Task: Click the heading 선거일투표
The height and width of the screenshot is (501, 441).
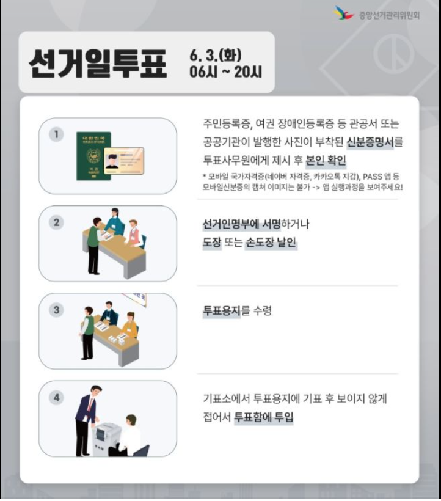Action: pos(98,64)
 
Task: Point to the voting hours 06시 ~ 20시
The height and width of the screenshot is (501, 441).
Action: pos(225,72)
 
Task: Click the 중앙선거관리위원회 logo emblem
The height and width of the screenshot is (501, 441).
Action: pos(344,13)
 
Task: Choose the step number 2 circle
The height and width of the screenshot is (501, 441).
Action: pos(57,222)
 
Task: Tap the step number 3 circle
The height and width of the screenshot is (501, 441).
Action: pos(57,310)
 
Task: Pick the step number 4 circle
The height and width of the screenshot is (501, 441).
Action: pos(57,398)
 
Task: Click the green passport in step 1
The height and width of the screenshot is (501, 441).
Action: pos(93,156)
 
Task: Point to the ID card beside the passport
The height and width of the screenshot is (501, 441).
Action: pos(124,161)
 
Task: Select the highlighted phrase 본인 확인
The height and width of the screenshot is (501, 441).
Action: pos(326,161)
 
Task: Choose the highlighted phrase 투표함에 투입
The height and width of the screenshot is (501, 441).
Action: pos(264,417)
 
